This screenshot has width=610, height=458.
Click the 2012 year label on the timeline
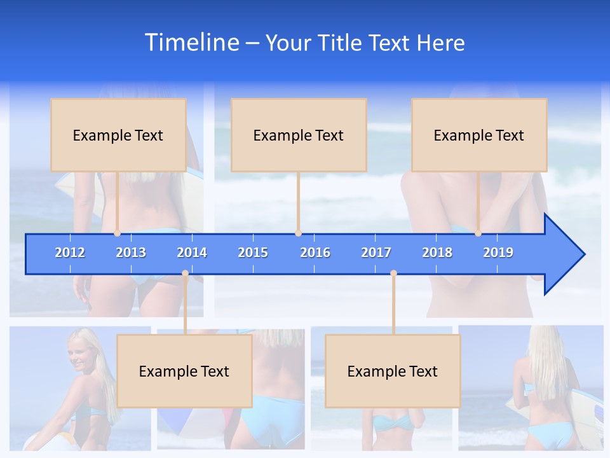click(70, 253)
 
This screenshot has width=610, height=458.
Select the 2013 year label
click(131, 253)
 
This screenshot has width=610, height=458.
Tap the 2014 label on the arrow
click(192, 253)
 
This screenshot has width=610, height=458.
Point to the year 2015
click(253, 253)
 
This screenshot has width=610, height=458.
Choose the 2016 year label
click(315, 253)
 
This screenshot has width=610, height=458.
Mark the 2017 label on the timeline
click(376, 253)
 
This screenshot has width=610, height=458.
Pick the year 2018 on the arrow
click(437, 253)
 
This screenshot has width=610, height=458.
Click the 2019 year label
click(498, 253)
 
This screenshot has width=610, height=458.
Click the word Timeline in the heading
click(191, 43)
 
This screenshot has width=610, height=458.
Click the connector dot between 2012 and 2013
click(118, 233)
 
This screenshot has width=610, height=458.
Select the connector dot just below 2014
click(185, 274)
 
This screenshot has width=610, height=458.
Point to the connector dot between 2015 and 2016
click(298, 233)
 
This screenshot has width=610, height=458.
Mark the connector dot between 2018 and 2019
click(478, 233)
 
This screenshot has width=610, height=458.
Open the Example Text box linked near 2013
click(118, 135)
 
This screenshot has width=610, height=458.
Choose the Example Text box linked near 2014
click(184, 371)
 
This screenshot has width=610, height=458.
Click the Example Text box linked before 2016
click(299, 135)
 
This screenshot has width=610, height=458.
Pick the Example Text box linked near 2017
click(393, 371)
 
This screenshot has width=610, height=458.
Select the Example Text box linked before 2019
click(479, 135)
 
